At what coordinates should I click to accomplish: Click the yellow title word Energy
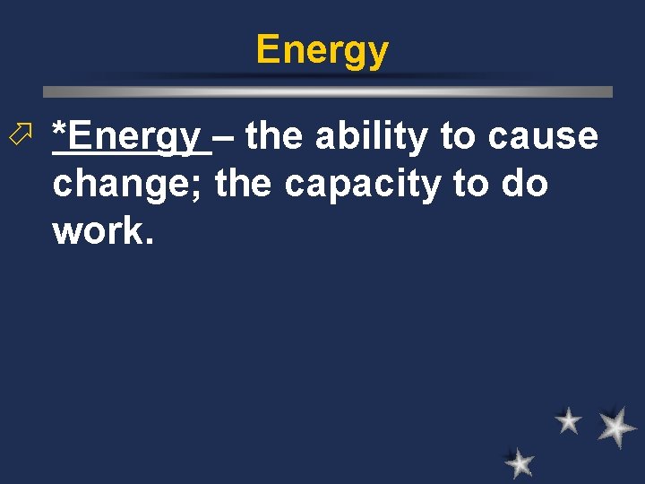point(322,50)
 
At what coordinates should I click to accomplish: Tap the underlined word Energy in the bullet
point(134,137)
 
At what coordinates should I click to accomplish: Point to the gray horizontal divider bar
point(328,91)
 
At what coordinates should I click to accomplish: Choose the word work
point(102,230)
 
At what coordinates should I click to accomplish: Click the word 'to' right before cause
point(459,136)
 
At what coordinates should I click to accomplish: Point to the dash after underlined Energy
point(227,137)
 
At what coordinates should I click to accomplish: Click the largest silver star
point(616,428)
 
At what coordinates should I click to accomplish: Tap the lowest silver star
point(519,463)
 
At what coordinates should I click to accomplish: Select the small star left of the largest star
point(567,419)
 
